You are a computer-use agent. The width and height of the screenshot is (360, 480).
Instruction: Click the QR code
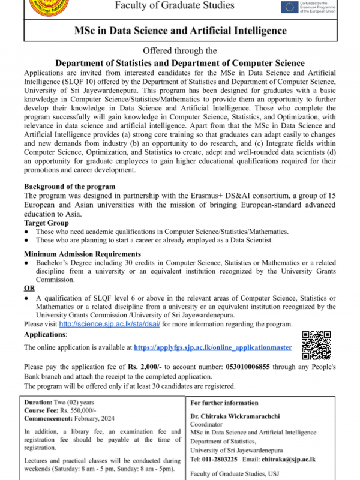point(316,345)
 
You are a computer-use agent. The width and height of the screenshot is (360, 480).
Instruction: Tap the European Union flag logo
point(290,7)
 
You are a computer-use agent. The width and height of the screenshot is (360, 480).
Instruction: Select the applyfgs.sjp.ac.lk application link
point(213,347)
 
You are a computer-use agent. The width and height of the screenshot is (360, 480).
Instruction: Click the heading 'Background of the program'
point(69,187)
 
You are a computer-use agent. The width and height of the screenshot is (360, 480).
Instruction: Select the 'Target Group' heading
point(46,223)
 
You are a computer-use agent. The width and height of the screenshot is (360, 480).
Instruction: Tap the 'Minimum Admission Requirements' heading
point(82,254)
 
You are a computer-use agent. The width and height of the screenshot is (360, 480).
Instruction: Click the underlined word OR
point(29,288)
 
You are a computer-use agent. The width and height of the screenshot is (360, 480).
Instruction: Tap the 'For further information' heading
point(224,403)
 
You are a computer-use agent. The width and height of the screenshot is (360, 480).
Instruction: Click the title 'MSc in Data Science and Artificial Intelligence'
point(180,31)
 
